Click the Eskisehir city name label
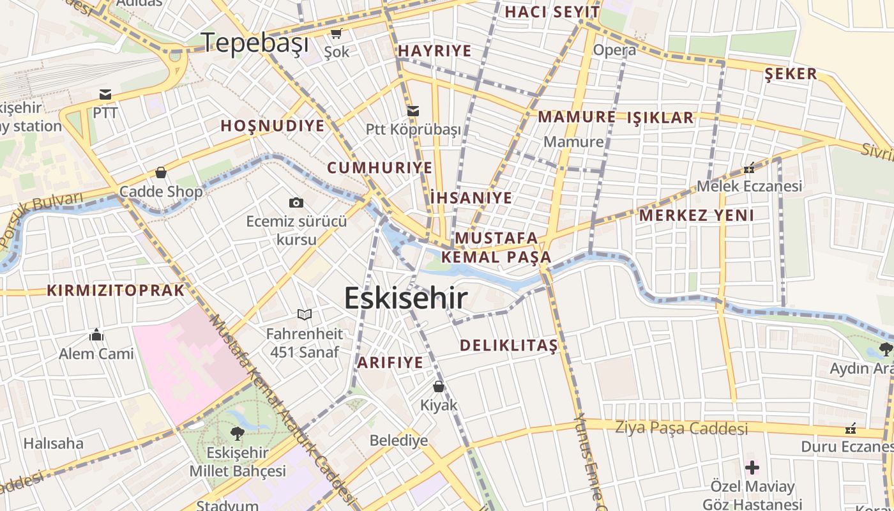[x=406, y=298]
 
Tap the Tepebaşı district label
[x=255, y=43]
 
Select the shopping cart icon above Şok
[x=336, y=33]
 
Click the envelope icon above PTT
[x=105, y=95]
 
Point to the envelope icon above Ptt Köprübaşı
[x=413, y=111]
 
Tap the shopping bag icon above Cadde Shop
[x=161, y=172]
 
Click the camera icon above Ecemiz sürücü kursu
[x=296, y=203]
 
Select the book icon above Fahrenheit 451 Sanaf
[x=305, y=314]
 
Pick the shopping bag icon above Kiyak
[x=439, y=386]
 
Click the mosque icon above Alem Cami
[x=96, y=335]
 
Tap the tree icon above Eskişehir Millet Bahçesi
[x=238, y=434]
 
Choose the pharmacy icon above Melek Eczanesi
[x=749, y=168]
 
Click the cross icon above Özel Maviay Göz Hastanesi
[x=752, y=467]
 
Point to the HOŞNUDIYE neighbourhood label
[x=273, y=126]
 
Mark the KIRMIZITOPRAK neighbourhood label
[x=116, y=291]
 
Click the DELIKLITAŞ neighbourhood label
[x=509, y=346]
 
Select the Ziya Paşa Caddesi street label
[x=681, y=428]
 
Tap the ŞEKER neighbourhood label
[x=791, y=74]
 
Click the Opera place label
[x=614, y=50]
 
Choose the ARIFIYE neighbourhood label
[x=390, y=363]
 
